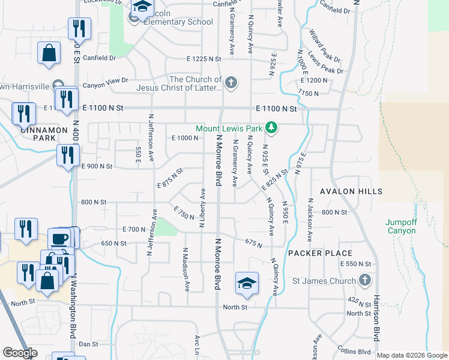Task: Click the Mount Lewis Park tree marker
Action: pyautogui.click(x=271, y=128)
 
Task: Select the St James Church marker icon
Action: pyautogui.click(x=364, y=280)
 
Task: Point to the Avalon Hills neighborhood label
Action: pyautogui.click(x=351, y=191)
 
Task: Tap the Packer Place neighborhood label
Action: pyautogui.click(x=319, y=253)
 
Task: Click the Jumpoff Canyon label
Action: pyautogui.click(x=400, y=226)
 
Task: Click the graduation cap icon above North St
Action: pyautogui.click(x=246, y=283)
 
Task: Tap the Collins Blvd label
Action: pyautogui.click(x=354, y=351)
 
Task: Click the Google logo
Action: pyautogui.click(x=20, y=353)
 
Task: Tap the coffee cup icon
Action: pyautogui.click(x=59, y=238)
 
